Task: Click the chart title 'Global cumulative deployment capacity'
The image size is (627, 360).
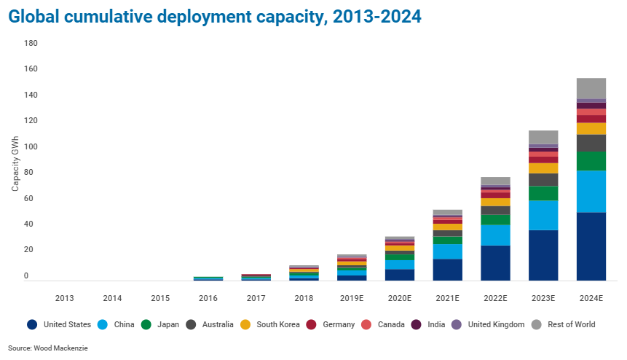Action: pyautogui.click(x=215, y=17)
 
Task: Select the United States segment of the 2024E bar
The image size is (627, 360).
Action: pyautogui.click(x=591, y=246)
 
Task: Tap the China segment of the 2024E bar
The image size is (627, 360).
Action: pyautogui.click(x=591, y=192)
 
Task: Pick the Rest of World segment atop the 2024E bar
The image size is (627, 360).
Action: pyautogui.click(x=591, y=88)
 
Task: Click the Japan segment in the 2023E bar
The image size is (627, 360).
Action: pyautogui.click(x=543, y=193)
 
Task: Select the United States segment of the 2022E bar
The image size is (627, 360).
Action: pyautogui.click(x=495, y=262)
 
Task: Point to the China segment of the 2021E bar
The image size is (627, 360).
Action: pyautogui.click(x=447, y=251)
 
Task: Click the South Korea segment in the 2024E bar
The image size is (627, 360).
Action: pyautogui.click(x=591, y=128)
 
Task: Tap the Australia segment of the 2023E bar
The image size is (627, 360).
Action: pyautogui.click(x=543, y=179)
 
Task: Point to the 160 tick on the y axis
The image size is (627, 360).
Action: pyautogui.click(x=31, y=69)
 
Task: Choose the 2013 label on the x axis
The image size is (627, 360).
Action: pyautogui.click(x=64, y=298)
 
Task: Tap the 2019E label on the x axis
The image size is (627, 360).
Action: pyautogui.click(x=351, y=298)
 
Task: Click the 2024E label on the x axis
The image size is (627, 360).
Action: pyautogui.click(x=591, y=298)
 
